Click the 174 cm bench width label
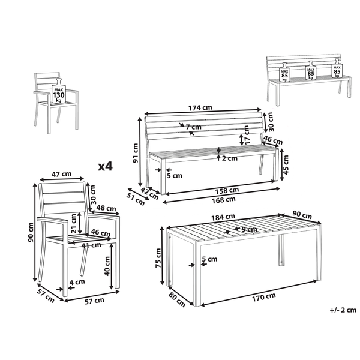point(200,107)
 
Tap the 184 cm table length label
point(223,217)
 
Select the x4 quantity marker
point(106,166)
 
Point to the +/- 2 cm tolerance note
point(343,310)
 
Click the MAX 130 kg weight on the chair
point(59,91)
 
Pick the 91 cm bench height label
point(136,153)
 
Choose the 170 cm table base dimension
point(264,298)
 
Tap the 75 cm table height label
point(158,258)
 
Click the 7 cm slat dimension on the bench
point(193,127)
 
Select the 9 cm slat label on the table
point(250,229)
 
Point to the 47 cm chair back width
point(61,174)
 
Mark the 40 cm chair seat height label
point(107,266)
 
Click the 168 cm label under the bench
point(224,200)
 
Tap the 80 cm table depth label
point(177,300)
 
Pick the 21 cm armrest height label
point(74,223)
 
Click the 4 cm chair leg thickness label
point(77,282)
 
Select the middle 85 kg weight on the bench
point(311,70)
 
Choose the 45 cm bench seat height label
point(286,165)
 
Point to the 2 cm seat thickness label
point(230,158)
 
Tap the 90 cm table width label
point(302,216)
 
